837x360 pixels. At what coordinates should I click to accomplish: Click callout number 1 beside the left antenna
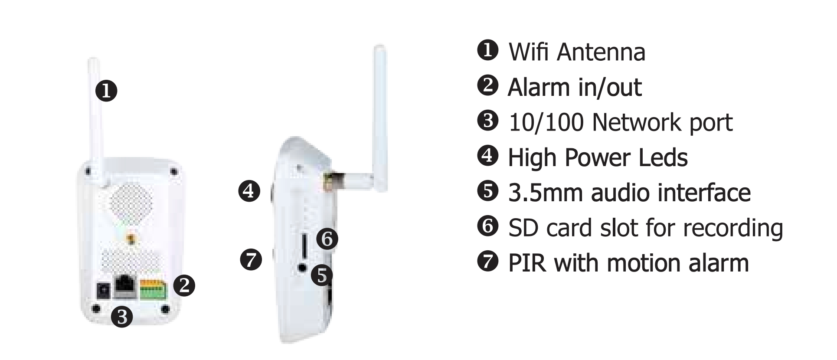(106, 91)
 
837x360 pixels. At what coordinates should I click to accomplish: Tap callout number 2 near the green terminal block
(184, 285)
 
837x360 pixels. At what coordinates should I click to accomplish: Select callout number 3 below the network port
(122, 317)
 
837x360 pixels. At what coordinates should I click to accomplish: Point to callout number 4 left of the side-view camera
(249, 191)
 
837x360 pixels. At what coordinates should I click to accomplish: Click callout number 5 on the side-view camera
(321, 275)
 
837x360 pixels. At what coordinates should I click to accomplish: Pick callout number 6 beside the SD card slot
(327, 239)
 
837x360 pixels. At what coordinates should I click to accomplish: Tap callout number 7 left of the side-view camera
(251, 260)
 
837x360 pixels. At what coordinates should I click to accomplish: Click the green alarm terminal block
(153, 289)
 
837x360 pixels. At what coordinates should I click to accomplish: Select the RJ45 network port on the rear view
(125, 286)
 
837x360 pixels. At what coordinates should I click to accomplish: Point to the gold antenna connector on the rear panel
(130, 238)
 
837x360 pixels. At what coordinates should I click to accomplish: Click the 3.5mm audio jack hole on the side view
(303, 268)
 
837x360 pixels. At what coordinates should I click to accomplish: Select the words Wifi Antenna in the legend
(577, 52)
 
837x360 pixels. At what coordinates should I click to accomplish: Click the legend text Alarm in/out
(574, 87)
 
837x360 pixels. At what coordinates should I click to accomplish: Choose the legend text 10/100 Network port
(620, 122)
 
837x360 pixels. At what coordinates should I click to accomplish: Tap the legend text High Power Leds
(598, 157)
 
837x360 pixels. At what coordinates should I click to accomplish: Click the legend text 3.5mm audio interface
(629, 193)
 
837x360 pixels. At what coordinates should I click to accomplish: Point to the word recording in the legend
(733, 228)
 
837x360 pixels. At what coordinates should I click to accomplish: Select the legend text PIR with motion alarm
(628, 263)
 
